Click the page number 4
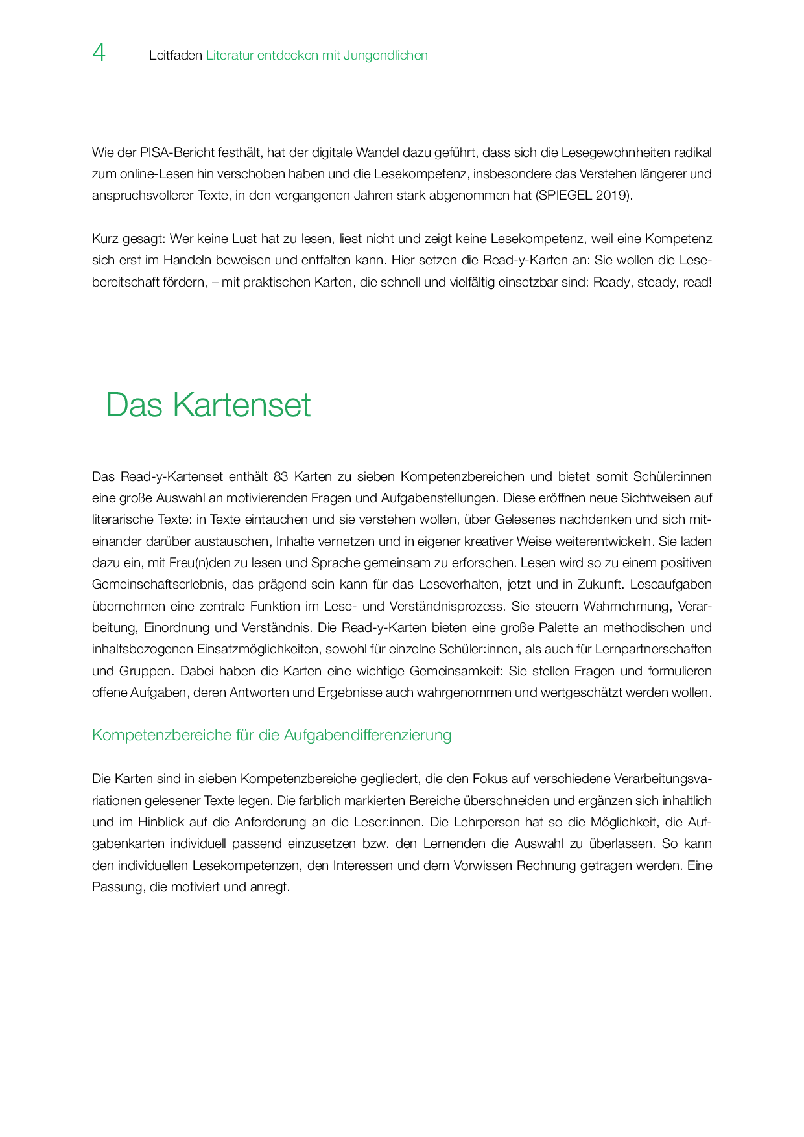tap(99, 53)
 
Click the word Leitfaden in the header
tap(176, 56)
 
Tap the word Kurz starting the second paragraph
tap(104, 239)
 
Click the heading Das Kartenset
tap(208, 405)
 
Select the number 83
tap(281, 477)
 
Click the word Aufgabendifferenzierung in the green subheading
tap(368, 735)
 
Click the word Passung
tap(117, 887)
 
